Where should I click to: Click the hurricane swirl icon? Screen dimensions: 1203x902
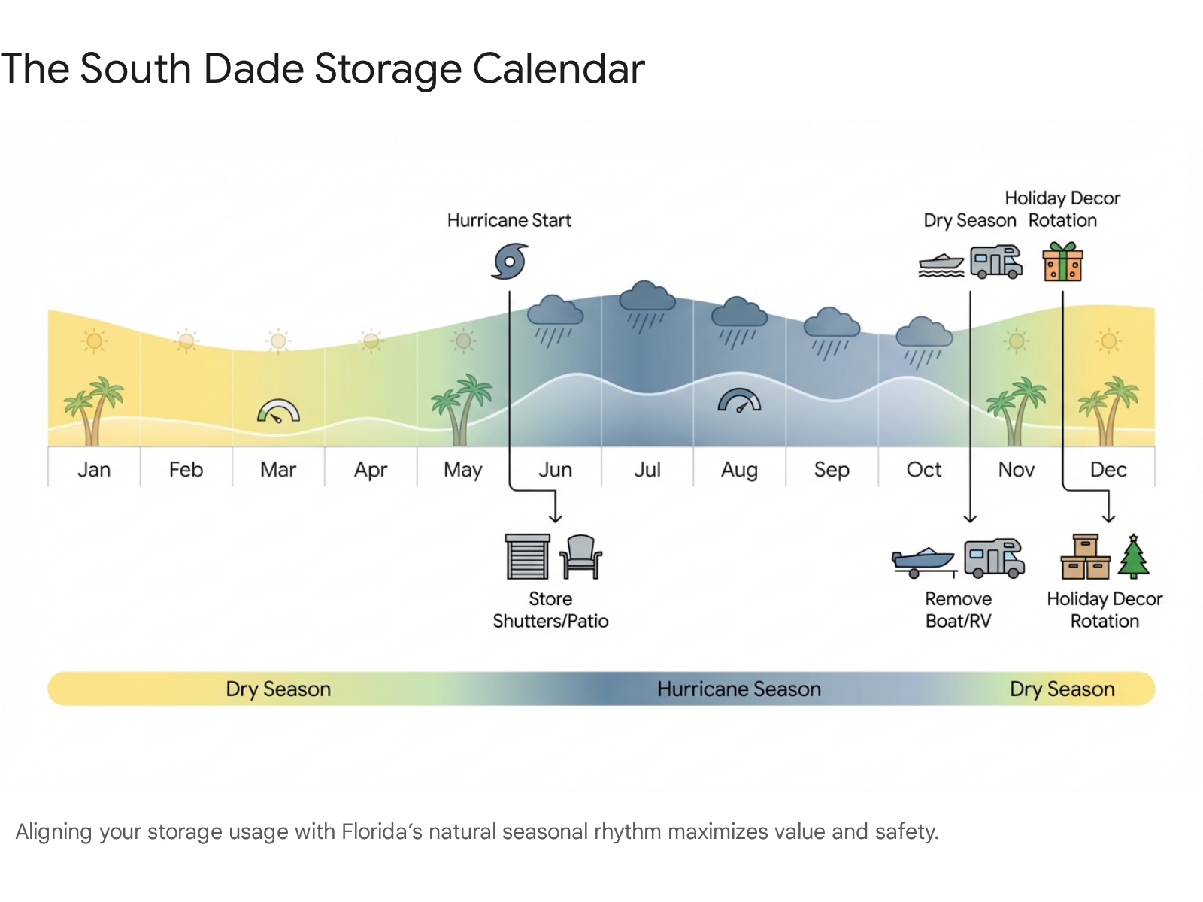pos(510,262)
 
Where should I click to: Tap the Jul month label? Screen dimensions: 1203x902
pos(647,470)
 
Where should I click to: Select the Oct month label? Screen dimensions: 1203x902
pos(924,470)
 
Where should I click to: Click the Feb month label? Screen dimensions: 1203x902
pos(186,470)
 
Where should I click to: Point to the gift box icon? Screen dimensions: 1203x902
pos(1062,262)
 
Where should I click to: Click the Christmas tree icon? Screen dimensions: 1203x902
pos(1133,556)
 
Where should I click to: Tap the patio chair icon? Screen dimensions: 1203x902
pos(580,557)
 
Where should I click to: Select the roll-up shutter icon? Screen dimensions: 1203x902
pos(527,556)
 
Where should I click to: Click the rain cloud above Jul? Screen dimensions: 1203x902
pos(647,307)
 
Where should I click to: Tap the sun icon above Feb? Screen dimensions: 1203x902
pos(186,341)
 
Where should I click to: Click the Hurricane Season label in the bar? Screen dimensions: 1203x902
pos(739,689)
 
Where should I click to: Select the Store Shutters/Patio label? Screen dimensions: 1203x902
pos(550,610)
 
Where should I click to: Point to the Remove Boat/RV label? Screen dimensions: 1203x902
pos(959,610)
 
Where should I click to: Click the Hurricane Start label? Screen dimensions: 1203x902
pos(509,221)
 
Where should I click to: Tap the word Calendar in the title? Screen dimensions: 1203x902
pos(559,69)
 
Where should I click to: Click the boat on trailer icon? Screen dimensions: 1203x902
pos(924,562)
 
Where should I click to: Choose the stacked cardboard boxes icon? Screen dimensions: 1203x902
pos(1086,556)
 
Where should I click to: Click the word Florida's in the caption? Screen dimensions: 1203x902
pos(381,831)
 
